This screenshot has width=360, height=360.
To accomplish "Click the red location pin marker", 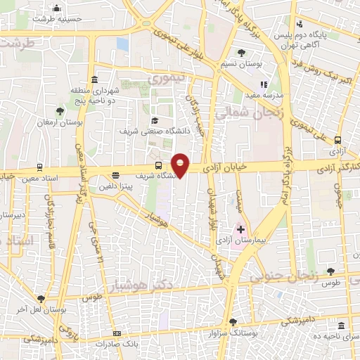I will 181,165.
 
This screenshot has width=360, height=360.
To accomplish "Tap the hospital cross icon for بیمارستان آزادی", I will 240,229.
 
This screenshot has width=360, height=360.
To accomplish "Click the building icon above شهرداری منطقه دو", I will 94,79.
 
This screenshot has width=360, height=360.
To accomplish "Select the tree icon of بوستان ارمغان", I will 61,110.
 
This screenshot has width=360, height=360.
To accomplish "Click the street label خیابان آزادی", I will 223,169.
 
